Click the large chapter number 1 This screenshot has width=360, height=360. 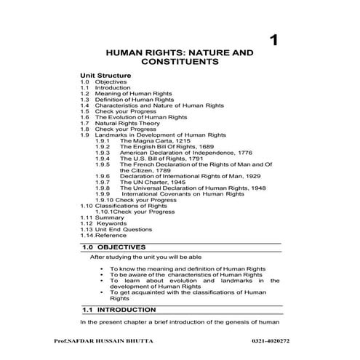273,39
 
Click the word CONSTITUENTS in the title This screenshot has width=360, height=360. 180,63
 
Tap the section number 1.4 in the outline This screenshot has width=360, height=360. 85,105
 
